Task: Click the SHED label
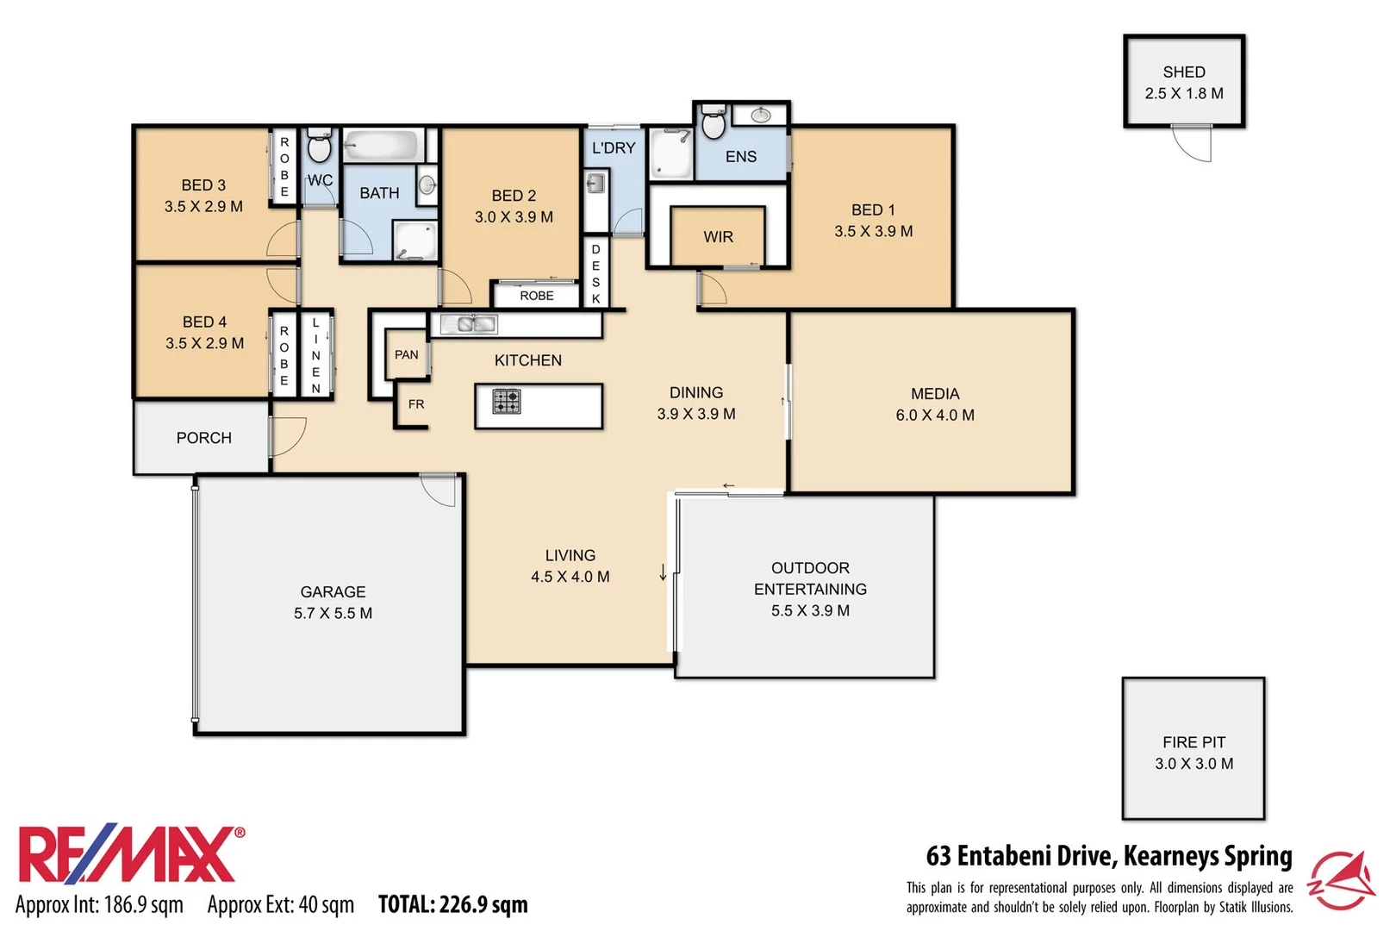click(1183, 72)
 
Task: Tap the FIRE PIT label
click(1193, 742)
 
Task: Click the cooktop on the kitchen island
click(506, 402)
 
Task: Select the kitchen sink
click(469, 324)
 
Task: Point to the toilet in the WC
click(319, 147)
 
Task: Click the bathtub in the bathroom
click(383, 144)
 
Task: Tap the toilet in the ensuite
click(714, 122)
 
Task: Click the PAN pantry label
click(406, 354)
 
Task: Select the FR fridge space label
click(416, 404)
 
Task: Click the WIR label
click(718, 237)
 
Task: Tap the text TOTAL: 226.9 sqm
click(452, 904)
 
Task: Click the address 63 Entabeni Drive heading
click(1108, 856)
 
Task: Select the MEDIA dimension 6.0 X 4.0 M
click(934, 416)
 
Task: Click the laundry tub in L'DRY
click(595, 183)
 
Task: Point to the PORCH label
click(203, 438)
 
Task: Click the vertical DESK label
click(595, 274)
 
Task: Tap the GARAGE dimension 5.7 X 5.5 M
click(333, 614)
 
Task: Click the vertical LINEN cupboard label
click(315, 355)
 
